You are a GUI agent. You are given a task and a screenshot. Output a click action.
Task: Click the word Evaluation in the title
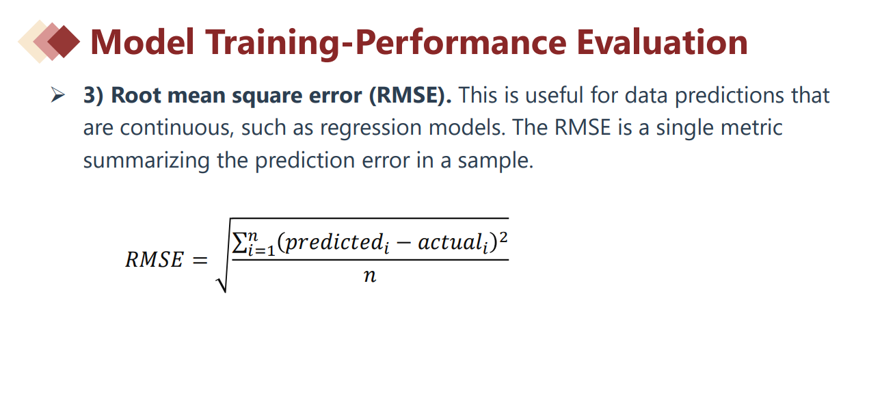662,42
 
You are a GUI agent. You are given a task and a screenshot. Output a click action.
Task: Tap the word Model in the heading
142,42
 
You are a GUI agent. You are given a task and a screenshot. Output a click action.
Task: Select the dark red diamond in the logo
64,42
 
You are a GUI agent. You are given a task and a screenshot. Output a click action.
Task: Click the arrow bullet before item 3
58,95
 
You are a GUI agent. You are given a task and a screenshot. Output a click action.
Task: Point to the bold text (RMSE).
410,96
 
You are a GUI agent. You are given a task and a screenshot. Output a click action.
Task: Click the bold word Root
136,96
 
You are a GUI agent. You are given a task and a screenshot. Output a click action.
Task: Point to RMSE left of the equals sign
155,259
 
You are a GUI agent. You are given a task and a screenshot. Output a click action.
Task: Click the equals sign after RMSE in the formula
200,260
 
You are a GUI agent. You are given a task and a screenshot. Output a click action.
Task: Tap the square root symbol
222,256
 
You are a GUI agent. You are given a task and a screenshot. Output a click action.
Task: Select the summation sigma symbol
239,243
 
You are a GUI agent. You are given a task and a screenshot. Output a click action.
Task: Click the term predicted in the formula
334,242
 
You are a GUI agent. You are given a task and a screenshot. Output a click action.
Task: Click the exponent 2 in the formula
503,237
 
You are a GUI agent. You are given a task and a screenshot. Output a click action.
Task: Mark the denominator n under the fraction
370,276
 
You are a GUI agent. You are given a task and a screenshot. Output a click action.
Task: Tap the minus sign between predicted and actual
403,243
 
